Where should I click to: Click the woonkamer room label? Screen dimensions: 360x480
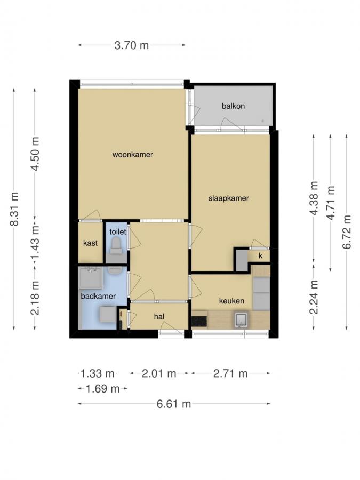point(133,154)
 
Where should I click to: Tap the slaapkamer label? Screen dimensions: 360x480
point(228,198)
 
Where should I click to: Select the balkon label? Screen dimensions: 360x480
point(233,106)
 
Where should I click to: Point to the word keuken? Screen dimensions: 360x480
point(231,301)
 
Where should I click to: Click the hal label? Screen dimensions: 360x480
point(159,316)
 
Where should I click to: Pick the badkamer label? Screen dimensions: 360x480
point(98,296)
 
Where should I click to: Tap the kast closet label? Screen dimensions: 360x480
point(90,243)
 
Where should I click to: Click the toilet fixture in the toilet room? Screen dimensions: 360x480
point(116,246)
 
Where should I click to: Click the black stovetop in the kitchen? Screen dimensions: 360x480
point(199,321)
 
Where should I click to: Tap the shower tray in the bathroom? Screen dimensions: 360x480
point(91,278)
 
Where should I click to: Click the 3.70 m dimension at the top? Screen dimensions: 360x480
point(132,45)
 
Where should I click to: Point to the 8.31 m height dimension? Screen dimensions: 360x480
point(14,209)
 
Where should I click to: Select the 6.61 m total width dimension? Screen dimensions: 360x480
point(174,404)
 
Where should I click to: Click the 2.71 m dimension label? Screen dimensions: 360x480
point(230,373)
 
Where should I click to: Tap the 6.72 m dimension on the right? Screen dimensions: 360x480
point(347,231)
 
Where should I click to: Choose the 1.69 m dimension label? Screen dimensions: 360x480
point(102,389)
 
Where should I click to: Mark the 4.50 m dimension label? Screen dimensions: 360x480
point(35,154)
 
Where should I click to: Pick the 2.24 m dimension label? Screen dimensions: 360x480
point(314,297)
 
